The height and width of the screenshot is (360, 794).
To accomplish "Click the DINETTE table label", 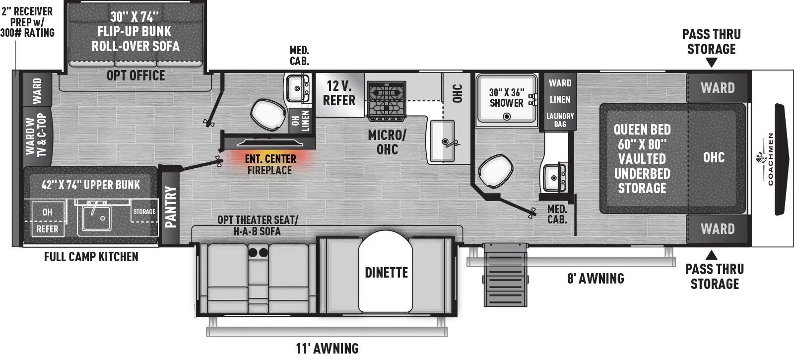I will tap(386, 273).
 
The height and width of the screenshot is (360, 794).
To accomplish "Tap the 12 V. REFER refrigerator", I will tap(339, 93).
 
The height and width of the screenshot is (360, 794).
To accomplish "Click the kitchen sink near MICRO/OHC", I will tap(442, 141).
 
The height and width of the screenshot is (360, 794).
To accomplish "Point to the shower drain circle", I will tap(507, 117).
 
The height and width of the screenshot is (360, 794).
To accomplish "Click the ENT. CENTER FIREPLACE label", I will tap(270, 164).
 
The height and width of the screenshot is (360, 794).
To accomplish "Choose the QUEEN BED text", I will tap(642, 130).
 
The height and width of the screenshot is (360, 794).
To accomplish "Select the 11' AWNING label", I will tap(328, 349).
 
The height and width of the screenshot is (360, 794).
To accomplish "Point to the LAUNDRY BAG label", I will tap(560, 120).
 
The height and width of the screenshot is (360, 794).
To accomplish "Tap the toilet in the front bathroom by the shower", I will tap(495, 171).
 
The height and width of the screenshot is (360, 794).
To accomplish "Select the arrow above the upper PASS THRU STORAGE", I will tap(711, 63).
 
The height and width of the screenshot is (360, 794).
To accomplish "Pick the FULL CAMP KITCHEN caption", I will tap(91, 257).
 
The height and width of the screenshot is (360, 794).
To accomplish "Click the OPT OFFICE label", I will tap(135, 75).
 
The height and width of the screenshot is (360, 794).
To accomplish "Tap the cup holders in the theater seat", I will tap(258, 253).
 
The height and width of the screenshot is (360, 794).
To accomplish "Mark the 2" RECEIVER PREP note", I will tap(27, 22).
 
